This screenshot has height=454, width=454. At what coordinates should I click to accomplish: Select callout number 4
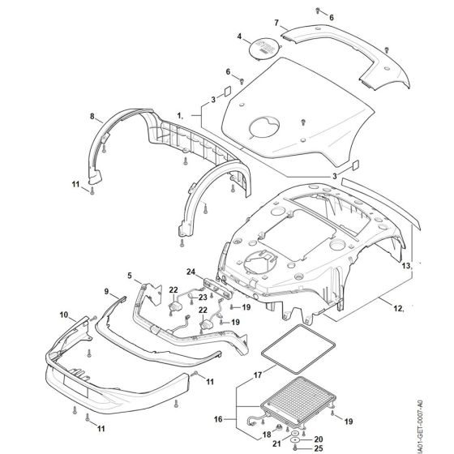tap(239, 37)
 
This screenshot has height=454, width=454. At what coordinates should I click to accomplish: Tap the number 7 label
tap(276, 22)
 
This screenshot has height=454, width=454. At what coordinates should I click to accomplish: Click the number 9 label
tap(105, 290)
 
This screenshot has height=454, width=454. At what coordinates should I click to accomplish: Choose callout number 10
tap(64, 313)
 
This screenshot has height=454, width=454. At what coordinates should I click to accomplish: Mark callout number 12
tap(398, 308)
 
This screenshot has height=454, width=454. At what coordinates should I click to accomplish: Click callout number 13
tap(406, 265)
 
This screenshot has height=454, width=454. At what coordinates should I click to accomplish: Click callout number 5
tap(128, 276)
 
